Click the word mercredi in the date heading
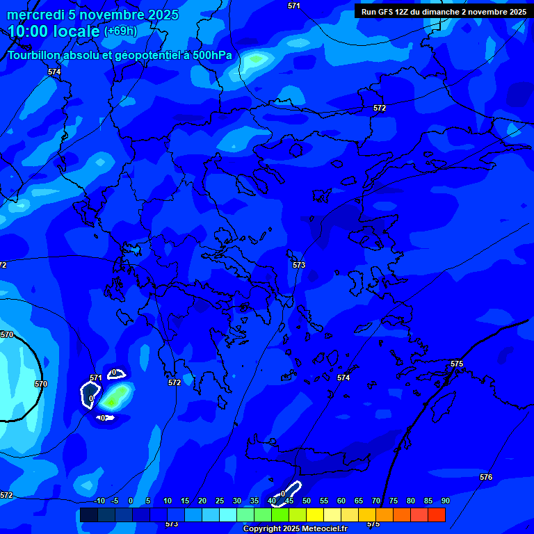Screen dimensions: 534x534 coord(35,15)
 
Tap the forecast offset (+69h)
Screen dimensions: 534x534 coord(120,31)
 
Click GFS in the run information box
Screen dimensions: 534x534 coord(387,12)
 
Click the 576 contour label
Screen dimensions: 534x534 coord(486,477)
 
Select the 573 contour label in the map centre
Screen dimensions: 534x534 coord(299,265)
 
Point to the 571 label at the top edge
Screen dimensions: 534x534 coord(294,6)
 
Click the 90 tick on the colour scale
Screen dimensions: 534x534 coord(445,501)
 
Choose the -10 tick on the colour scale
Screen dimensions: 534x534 coord(99,501)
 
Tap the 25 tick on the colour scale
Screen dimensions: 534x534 coord(219,501)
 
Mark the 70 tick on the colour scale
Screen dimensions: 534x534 coord(375,501)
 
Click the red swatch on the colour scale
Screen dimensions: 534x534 coord(436,515)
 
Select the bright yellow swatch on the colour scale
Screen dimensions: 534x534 coord(314,515)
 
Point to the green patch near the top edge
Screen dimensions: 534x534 coord(256,60)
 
